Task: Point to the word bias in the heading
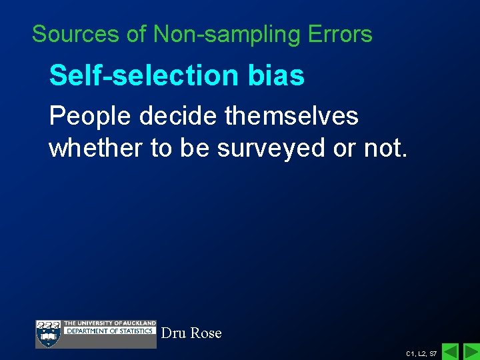279,76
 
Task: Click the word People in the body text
90,117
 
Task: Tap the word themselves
292,117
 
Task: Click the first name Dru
173,332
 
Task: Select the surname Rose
206,332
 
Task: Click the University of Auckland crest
48,333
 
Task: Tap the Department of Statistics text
109,331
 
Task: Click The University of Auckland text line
109,323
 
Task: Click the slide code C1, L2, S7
421,353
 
